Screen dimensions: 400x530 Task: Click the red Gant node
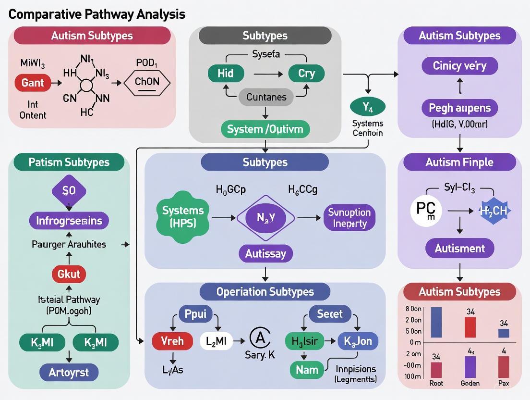point(33,83)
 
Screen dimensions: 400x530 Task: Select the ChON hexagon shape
point(147,82)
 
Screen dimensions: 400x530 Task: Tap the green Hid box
point(226,74)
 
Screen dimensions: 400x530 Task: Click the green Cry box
point(306,74)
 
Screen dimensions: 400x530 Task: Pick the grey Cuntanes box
point(266,97)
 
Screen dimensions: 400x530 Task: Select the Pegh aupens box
point(459,108)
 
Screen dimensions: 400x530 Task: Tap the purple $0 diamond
point(69,191)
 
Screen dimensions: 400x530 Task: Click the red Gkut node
point(69,274)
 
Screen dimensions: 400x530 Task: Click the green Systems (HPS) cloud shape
point(183,217)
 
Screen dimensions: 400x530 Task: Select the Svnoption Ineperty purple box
point(349,218)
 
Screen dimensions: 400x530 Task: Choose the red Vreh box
point(172,342)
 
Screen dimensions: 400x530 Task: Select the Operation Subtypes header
point(265,292)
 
